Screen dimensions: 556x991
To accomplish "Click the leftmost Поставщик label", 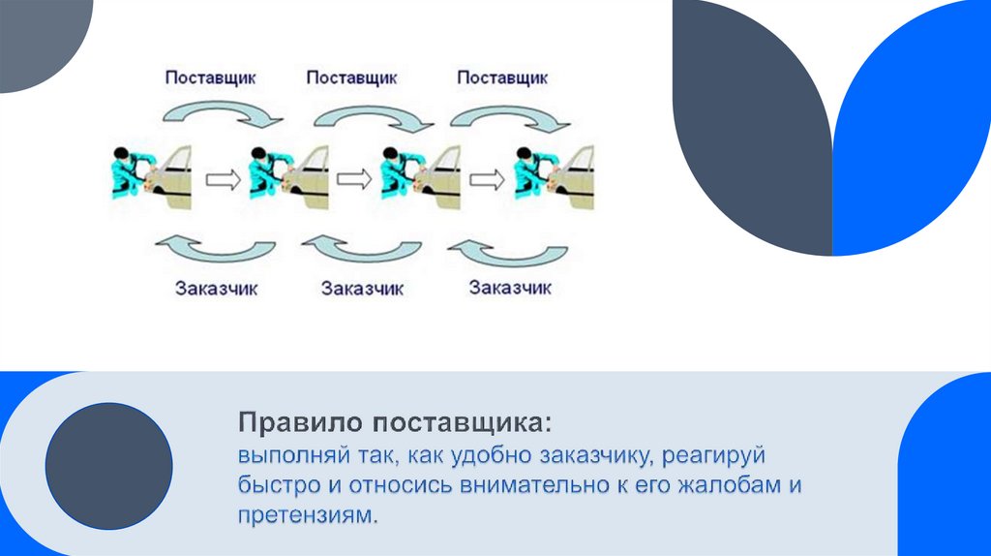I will tap(210, 78).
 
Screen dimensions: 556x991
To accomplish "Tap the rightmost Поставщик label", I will tap(501, 78).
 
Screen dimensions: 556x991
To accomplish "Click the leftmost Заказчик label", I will tap(217, 289).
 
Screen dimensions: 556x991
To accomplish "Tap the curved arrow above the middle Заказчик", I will tap(363, 249).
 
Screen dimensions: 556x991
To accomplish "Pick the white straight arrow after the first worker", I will tap(222, 178).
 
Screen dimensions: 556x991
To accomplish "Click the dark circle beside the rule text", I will tap(109, 466).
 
